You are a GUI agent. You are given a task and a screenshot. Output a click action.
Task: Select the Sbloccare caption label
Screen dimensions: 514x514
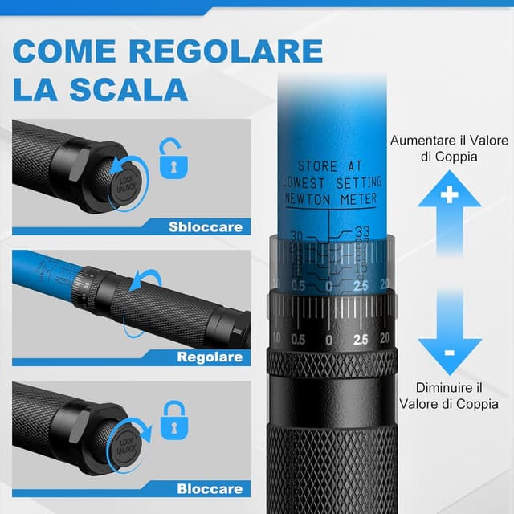[205, 226]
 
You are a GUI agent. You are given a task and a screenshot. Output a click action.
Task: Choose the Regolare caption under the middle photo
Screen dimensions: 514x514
[210, 357]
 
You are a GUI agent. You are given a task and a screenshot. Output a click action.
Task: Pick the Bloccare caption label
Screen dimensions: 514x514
[209, 487]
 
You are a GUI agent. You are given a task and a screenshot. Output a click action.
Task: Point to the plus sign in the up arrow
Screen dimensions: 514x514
[449, 194]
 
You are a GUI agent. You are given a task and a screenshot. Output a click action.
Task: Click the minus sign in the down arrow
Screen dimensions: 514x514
[449, 353]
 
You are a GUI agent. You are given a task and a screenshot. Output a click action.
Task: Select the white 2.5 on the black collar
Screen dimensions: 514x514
[361, 340]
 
